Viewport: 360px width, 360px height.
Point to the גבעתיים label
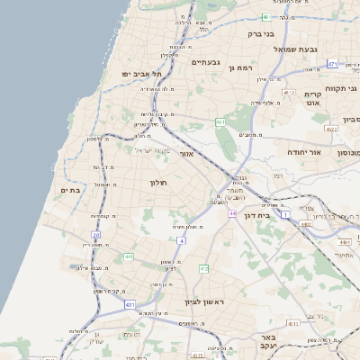[x=206, y=62]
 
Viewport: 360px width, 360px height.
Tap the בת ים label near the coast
[x=71, y=190]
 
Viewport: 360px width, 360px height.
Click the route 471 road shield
[x=332, y=64]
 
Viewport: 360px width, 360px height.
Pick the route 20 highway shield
[x=95, y=235]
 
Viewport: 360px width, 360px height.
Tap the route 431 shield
[x=130, y=305]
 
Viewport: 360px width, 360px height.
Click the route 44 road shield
[x=232, y=213]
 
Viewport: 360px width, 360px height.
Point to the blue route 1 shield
[x=285, y=215]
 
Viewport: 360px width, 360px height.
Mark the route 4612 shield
[x=289, y=92]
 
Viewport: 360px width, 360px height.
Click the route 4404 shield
[x=345, y=242]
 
